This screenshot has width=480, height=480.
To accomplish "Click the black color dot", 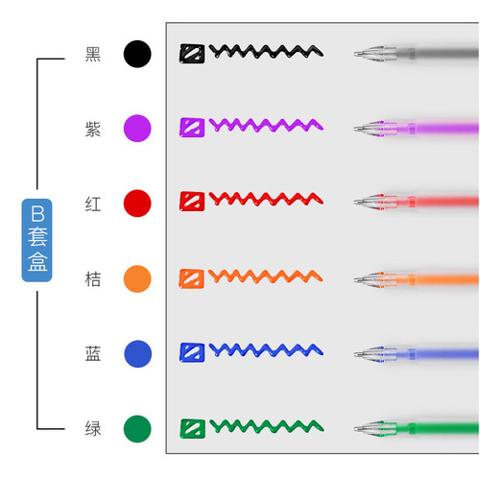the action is (137, 54).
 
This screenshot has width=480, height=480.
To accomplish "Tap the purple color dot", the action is (137, 129).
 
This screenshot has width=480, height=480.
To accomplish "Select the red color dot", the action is (137, 204).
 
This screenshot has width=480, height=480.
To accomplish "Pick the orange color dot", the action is (137, 278).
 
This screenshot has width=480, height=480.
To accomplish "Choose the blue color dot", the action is (137, 353).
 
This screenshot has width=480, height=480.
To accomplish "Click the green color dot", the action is (137, 429).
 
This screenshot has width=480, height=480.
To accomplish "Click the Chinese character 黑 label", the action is (93, 54).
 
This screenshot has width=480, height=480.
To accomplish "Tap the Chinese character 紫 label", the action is (93, 129).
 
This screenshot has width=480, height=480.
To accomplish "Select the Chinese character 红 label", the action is (93, 204).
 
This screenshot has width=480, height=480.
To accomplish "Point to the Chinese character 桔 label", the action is (93, 279).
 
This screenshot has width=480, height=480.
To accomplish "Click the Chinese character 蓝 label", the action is (93, 354).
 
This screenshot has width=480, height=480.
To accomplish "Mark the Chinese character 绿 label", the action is (93, 429).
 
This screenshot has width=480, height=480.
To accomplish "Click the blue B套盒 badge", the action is (36, 240).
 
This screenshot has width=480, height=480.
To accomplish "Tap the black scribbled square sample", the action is (192, 54).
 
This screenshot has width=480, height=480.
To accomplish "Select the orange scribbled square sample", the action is (191, 278).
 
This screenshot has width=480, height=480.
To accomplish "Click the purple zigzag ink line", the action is (266, 125).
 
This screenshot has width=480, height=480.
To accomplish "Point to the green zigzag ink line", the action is (267, 426).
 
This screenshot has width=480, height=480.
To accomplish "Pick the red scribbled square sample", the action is (192, 202).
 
